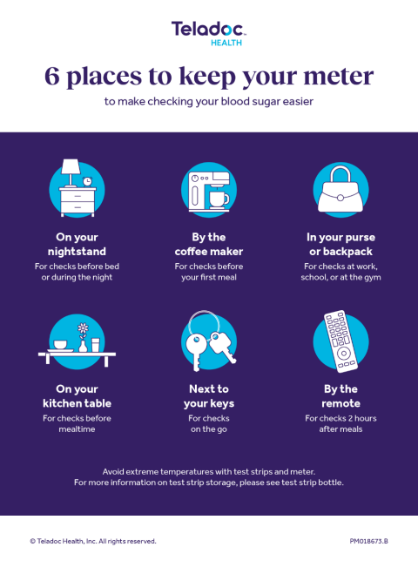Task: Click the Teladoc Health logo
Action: (208, 33)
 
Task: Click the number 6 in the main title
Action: (53, 77)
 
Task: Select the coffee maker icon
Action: (209, 189)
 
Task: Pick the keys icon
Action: (209, 342)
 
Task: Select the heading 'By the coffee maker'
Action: (209, 244)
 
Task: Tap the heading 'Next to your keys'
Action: (209, 396)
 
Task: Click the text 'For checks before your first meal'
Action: (209, 272)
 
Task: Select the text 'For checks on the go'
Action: (209, 424)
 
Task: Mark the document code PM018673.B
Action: (368, 541)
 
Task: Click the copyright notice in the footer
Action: (93, 541)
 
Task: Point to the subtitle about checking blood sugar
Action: (209, 102)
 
